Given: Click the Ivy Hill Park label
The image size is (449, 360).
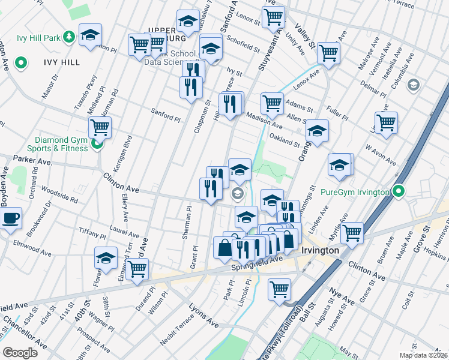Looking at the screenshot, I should [x=38, y=38].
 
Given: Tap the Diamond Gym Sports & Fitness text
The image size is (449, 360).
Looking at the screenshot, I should [x=58, y=144].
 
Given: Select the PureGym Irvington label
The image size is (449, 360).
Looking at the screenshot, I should [x=355, y=192].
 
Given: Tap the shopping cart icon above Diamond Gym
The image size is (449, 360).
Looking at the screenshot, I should [x=100, y=127].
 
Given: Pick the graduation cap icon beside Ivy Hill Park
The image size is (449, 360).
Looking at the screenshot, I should [x=90, y=35].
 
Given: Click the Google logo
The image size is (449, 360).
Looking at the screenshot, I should [x=20, y=353].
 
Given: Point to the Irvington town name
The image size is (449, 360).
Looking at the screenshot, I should [x=320, y=250].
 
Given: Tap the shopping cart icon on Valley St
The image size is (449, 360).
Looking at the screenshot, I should [x=328, y=53].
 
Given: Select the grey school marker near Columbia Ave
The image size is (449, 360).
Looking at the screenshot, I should [x=412, y=85].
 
